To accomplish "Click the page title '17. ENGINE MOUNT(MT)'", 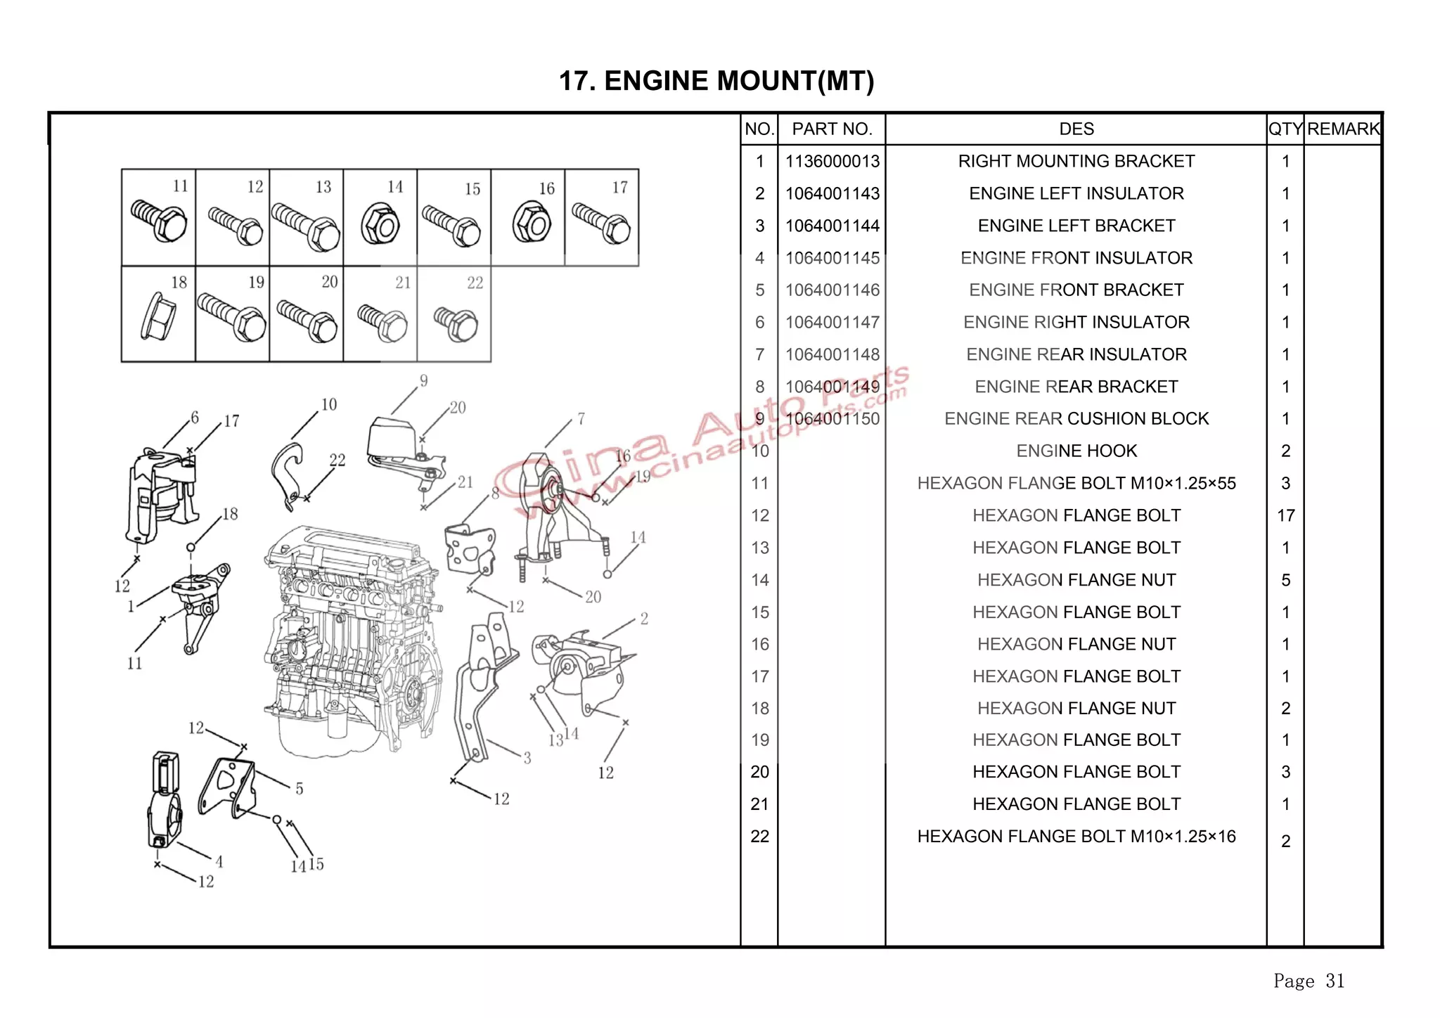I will [716, 81].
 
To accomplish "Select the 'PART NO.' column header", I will [832, 129].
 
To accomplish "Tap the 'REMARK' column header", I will [1343, 129].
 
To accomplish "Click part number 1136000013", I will [832, 162].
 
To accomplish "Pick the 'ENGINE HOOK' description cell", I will [1076, 451].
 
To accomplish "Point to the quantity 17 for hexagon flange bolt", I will [1285, 516].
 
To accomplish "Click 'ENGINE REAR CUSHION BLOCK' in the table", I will [1076, 419].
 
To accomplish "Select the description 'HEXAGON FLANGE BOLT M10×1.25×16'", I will [1076, 837].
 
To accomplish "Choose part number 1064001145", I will [832, 258].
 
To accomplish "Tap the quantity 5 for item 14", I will [1285, 580].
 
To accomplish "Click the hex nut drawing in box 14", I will [380, 224].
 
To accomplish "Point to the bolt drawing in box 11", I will [160, 220].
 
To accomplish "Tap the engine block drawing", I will [352, 640].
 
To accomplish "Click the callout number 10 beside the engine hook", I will [328, 405].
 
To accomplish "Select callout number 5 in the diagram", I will [300, 789].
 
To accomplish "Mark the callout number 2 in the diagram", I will [644, 619].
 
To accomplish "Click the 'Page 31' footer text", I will [1309, 981].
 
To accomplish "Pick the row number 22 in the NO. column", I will [759, 837].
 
